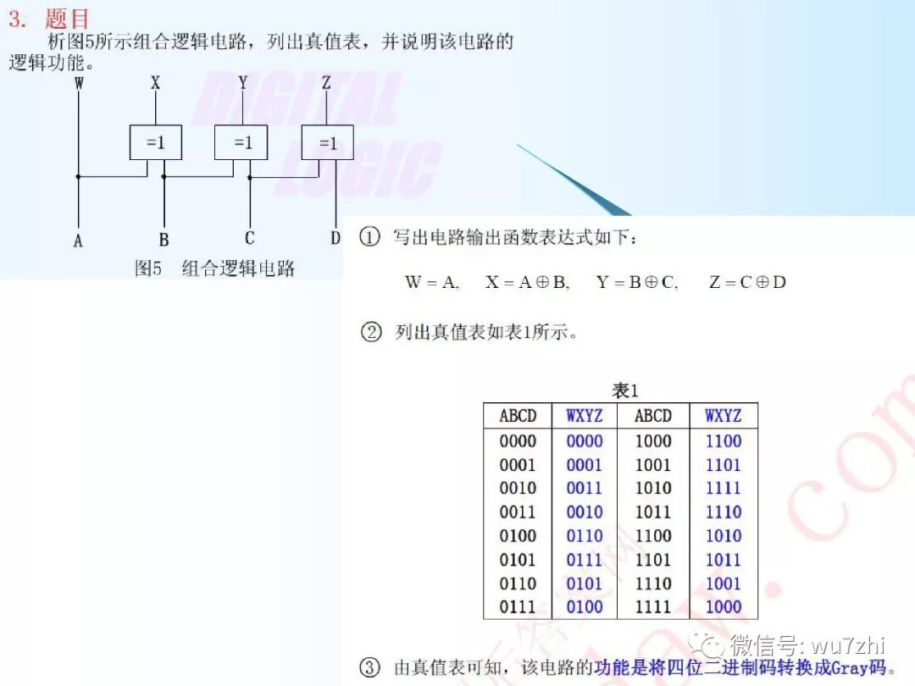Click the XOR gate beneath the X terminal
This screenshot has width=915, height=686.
(x=155, y=142)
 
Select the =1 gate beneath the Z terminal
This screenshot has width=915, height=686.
(x=327, y=142)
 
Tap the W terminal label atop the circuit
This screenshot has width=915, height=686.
(x=79, y=83)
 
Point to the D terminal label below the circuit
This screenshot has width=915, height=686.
(x=335, y=238)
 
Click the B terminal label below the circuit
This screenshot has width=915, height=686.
(x=164, y=240)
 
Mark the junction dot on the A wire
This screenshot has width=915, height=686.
(x=79, y=177)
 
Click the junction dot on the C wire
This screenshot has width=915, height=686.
(x=250, y=177)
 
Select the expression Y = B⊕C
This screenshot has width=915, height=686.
(x=637, y=282)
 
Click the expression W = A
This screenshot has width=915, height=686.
(x=432, y=282)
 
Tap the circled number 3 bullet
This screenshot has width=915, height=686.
(x=370, y=667)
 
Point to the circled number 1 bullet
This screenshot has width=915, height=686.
(x=369, y=237)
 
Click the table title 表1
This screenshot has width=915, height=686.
(x=624, y=390)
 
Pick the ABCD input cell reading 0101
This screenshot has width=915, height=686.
(x=518, y=560)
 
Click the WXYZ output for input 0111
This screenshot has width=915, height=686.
(x=585, y=607)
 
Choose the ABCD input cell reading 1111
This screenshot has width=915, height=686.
(x=653, y=607)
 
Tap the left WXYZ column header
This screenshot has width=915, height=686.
(x=585, y=416)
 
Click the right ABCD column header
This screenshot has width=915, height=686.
(x=653, y=416)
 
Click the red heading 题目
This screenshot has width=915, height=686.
(x=67, y=19)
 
